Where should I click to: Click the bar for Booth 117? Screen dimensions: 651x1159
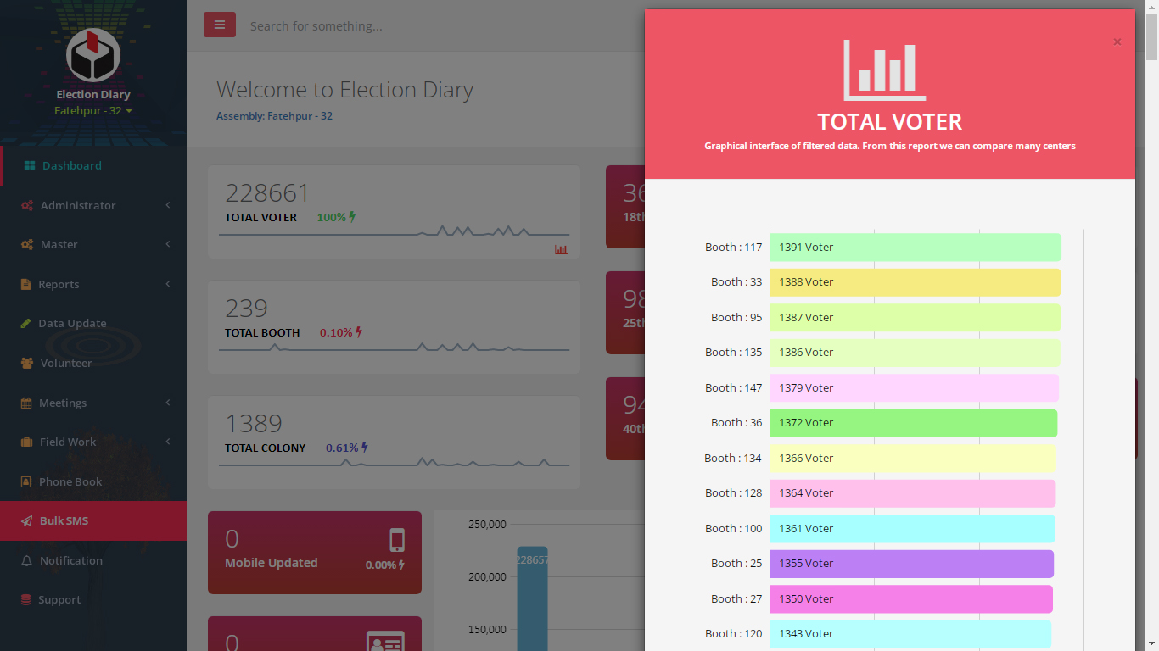915,248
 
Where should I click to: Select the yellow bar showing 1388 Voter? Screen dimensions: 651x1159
915,282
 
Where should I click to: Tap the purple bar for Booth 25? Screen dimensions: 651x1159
911,564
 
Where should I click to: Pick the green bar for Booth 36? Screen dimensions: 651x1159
913,423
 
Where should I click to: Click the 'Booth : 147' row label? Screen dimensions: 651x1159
733,388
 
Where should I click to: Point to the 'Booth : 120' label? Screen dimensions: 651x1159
733,634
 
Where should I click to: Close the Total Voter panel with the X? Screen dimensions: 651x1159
1117,42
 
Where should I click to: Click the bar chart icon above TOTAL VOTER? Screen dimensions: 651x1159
885,70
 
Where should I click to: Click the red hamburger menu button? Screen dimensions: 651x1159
220,25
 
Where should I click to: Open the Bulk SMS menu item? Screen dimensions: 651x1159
64,521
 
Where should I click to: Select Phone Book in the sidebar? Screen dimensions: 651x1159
70,482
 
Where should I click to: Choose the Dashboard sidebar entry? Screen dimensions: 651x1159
71,166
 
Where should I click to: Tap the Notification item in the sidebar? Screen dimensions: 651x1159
70,561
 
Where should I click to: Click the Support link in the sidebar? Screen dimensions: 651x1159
59,600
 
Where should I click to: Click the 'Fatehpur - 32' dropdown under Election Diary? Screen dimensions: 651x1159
92,111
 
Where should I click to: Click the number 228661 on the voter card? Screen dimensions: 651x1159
267,193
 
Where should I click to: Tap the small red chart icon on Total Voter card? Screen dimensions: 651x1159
561,249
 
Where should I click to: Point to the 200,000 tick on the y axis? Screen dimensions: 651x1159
487,577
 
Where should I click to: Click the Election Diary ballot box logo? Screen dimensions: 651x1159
93,55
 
